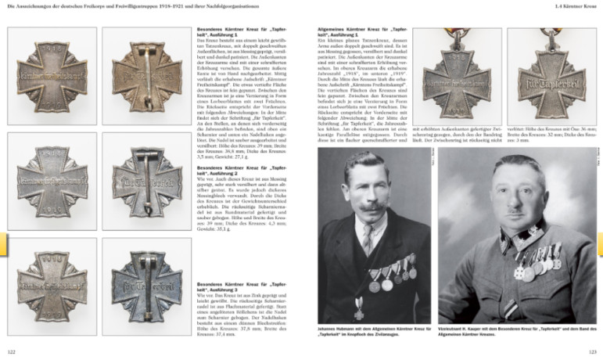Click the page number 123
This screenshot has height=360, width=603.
pyautogui.click(x=592, y=352)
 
